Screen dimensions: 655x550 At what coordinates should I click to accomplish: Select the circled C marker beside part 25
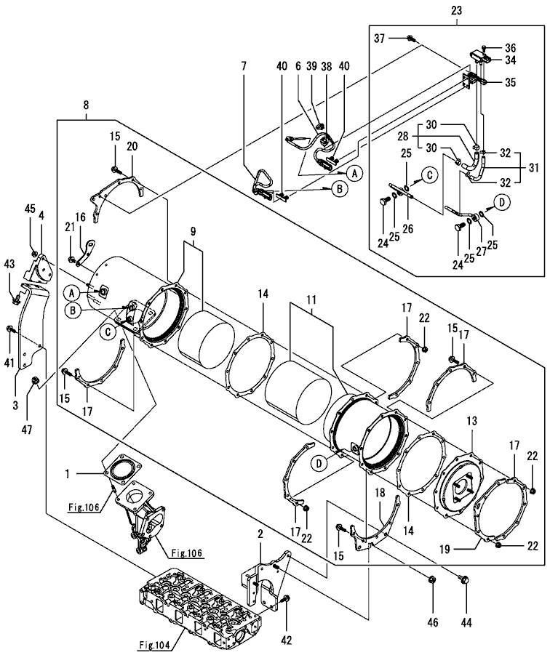[x=429, y=175]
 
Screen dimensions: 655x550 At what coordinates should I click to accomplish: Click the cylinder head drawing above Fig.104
[x=196, y=603]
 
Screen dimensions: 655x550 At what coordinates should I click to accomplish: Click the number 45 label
[x=30, y=209]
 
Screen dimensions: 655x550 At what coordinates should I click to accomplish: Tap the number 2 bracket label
[x=260, y=534]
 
